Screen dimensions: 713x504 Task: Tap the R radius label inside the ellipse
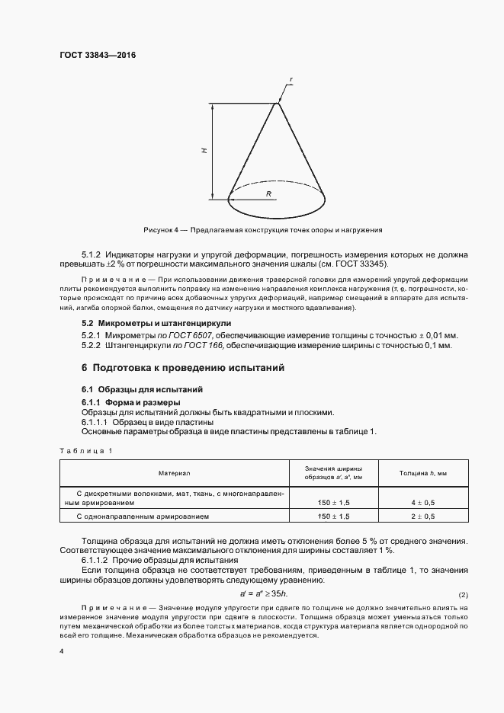pos(269,194)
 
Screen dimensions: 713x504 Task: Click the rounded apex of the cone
pos(276,104)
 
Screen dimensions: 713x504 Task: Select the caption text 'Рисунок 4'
pos(160,229)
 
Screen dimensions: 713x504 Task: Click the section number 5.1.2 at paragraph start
pos(92,254)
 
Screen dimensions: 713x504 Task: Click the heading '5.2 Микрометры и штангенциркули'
pos(150,324)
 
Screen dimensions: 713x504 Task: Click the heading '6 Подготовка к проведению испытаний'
pos(183,368)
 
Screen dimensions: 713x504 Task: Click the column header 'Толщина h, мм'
pos(423,473)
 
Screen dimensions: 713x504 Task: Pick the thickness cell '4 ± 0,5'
pos(423,503)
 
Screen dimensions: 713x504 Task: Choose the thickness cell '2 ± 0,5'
pos(423,516)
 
